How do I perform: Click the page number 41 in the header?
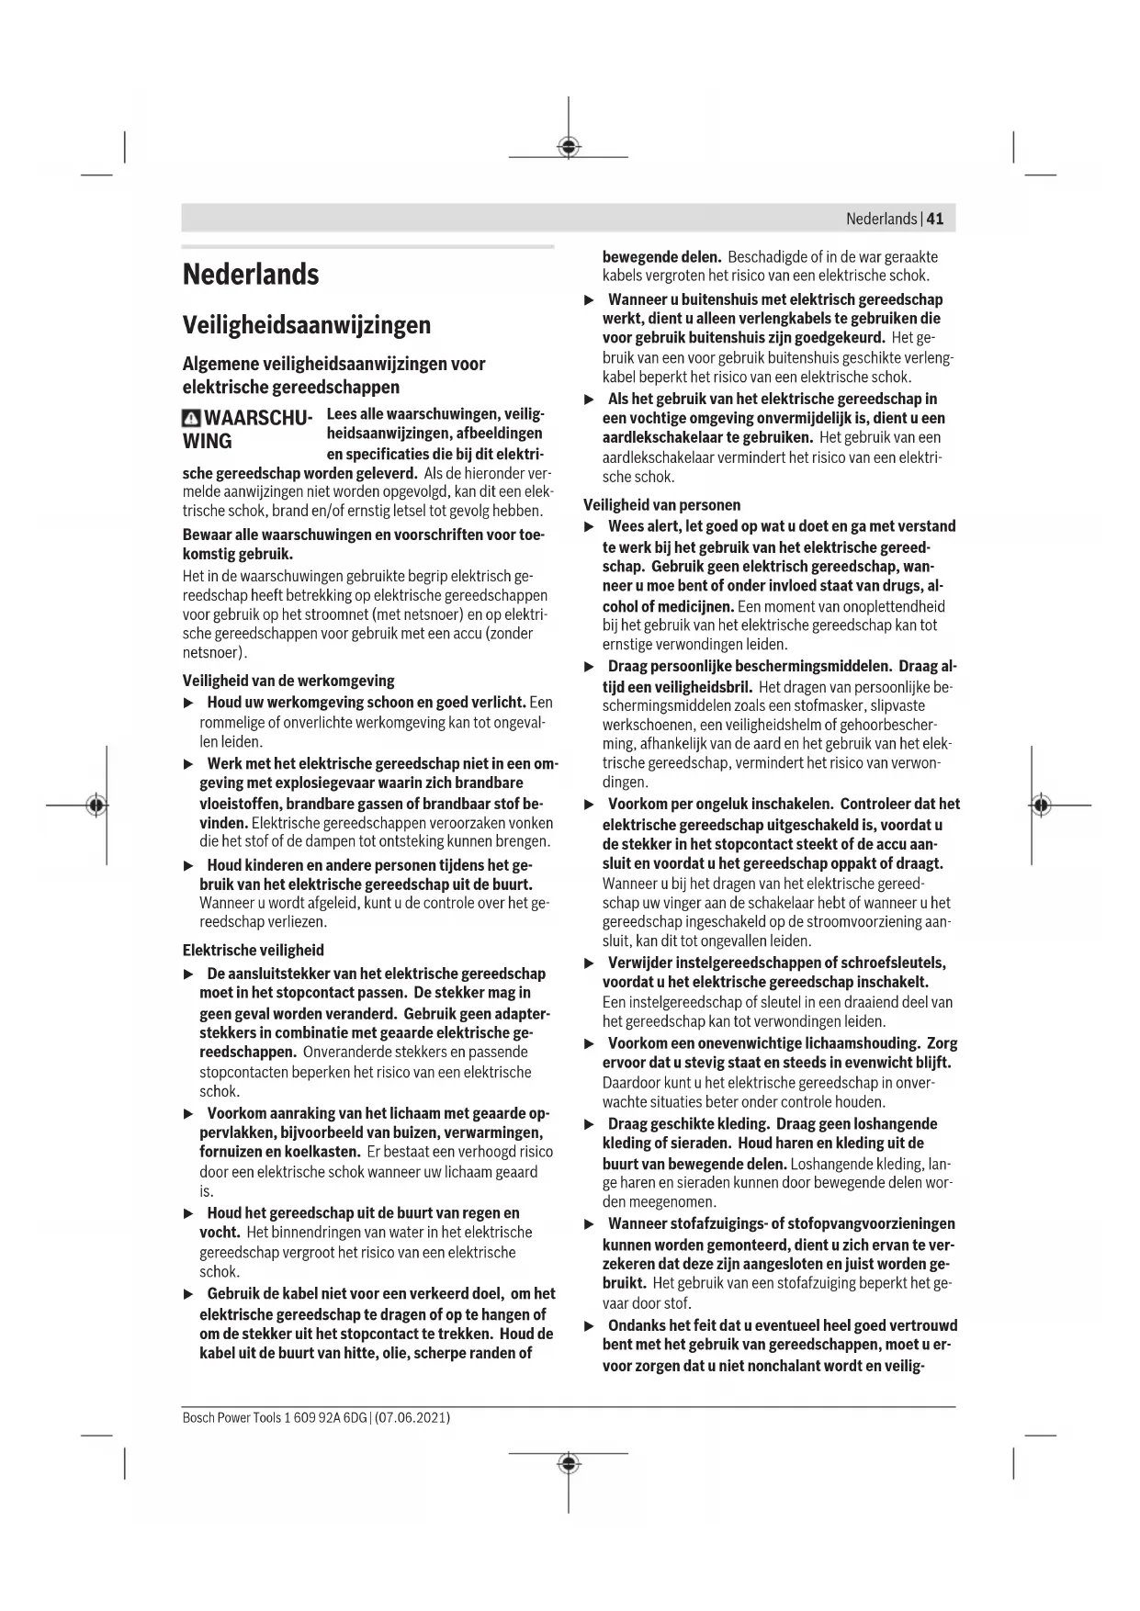935,219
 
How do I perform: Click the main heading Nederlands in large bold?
251,274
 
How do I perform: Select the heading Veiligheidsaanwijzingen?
306,325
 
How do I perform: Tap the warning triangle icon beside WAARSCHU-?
191,419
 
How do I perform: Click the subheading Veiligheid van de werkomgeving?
288,681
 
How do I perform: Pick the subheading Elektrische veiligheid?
254,951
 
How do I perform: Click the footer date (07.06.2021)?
412,1417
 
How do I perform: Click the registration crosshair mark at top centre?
569,146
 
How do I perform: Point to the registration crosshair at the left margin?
95,805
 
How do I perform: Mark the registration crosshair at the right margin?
1040,805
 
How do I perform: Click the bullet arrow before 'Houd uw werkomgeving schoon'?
189,703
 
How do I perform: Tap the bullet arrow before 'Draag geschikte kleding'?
590,1124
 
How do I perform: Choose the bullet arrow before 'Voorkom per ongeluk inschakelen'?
590,805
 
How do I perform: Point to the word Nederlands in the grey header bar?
881,219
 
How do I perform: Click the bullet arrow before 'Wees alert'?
590,526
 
